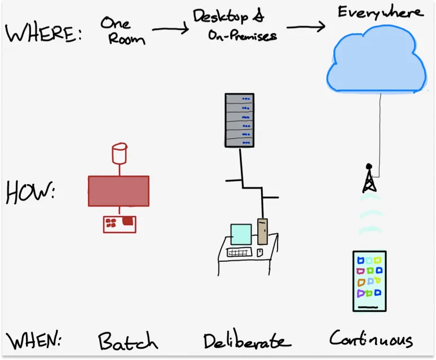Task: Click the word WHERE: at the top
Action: pyautogui.click(x=43, y=33)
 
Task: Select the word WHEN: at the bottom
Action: pyautogui.click(x=34, y=341)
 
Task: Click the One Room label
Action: pyautogui.click(x=122, y=30)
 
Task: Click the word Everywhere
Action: pyautogui.click(x=380, y=12)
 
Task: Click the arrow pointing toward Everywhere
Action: pyautogui.click(x=306, y=26)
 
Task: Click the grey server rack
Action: pyautogui.click(x=240, y=120)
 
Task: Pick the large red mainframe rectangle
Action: pyautogui.click(x=118, y=191)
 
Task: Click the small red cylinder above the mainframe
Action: pyautogui.click(x=119, y=151)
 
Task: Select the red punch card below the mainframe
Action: pyautogui.click(x=120, y=223)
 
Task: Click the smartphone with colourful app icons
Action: pyautogui.click(x=369, y=280)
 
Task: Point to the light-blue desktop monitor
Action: pyautogui.click(x=241, y=234)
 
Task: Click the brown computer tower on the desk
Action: pyautogui.click(x=262, y=231)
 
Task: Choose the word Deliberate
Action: pyautogui.click(x=246, y=341)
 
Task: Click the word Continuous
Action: pyautogui.click(x=371, y=339)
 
